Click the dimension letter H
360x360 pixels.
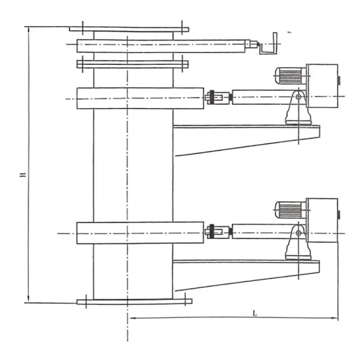(22, 175)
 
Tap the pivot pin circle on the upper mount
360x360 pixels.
(298, 98)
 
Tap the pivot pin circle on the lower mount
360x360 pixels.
(298, 230)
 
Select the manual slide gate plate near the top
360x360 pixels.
(164, 46)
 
